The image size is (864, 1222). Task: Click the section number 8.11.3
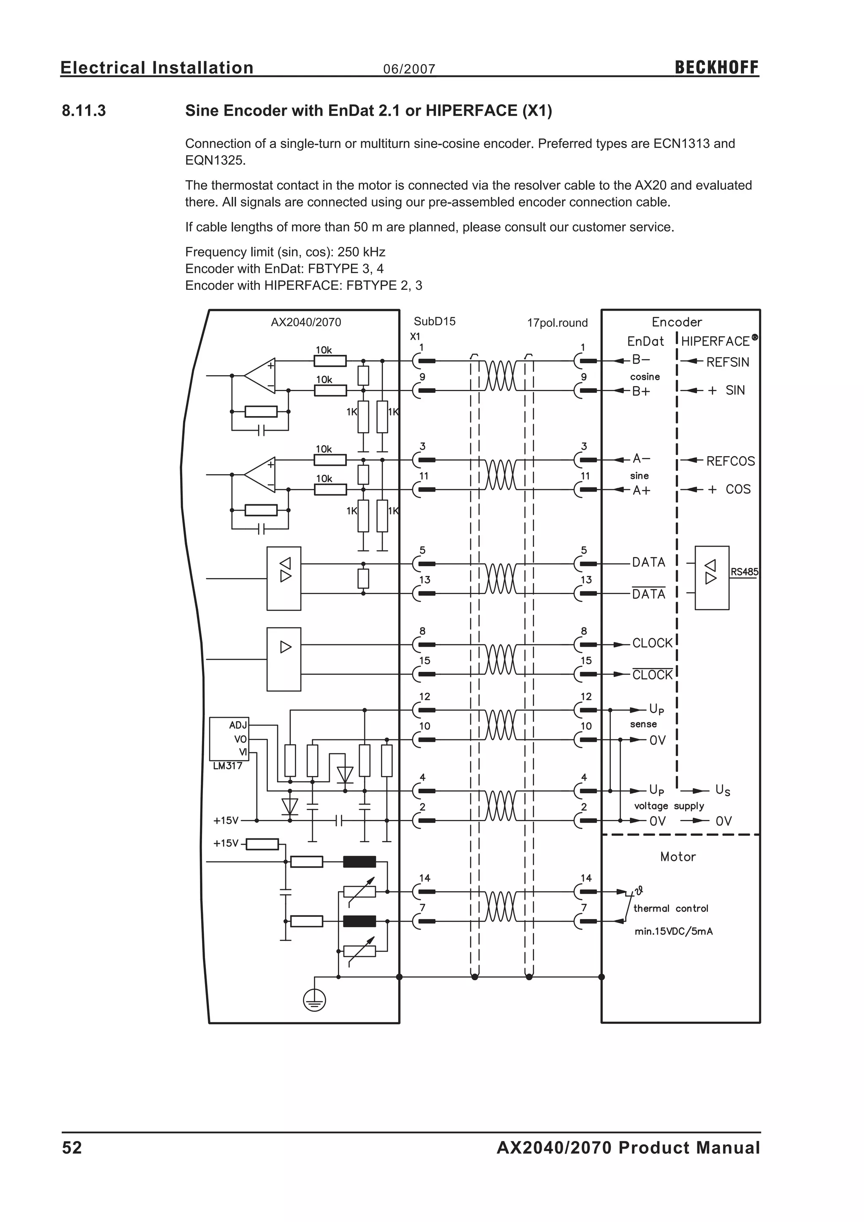[x=84, y=111]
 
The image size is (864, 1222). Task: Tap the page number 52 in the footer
[x=73, y=1148]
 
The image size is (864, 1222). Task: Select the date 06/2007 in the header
[x=409, y=69]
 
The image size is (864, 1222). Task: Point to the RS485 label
[x=744, y=572]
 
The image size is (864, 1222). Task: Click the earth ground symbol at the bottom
[x=314, y=1002]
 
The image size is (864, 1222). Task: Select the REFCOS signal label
[x=730, y=462]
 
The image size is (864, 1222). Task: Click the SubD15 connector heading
[x=435, y=322]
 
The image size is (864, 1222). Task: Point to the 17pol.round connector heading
[x=557, y=323]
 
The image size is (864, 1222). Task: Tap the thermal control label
[x=670, y=908]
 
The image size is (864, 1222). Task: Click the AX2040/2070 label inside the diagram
[x=306, y=322]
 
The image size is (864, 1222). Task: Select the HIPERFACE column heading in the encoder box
[x=715, y=341]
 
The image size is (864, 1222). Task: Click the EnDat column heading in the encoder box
[x=645, y=341]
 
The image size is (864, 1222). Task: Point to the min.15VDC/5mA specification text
[x=674, y=931]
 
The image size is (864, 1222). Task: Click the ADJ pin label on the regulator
[x=238, y=725]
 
